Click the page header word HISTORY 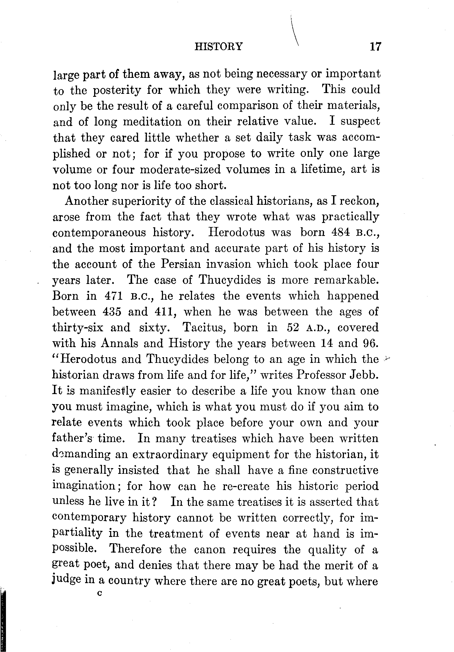coord(218,46)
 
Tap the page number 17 coord(375,46)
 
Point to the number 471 coord(114,296)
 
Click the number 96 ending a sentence coord(370,343)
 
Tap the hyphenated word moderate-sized coord(181,170)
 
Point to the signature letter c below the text coord(99,593)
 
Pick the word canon coord(209,549)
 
